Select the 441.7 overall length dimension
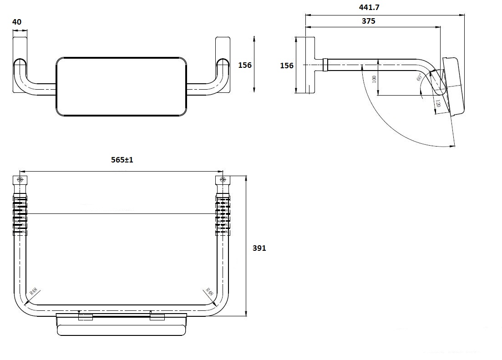370,7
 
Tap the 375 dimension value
369,21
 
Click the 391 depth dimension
259,248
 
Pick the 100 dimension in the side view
374,79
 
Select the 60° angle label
419,78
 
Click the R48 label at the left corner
33,291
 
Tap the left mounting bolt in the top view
20,179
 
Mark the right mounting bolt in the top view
222,179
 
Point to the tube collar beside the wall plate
325,65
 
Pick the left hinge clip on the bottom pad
86,316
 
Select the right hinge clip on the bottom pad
157,316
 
